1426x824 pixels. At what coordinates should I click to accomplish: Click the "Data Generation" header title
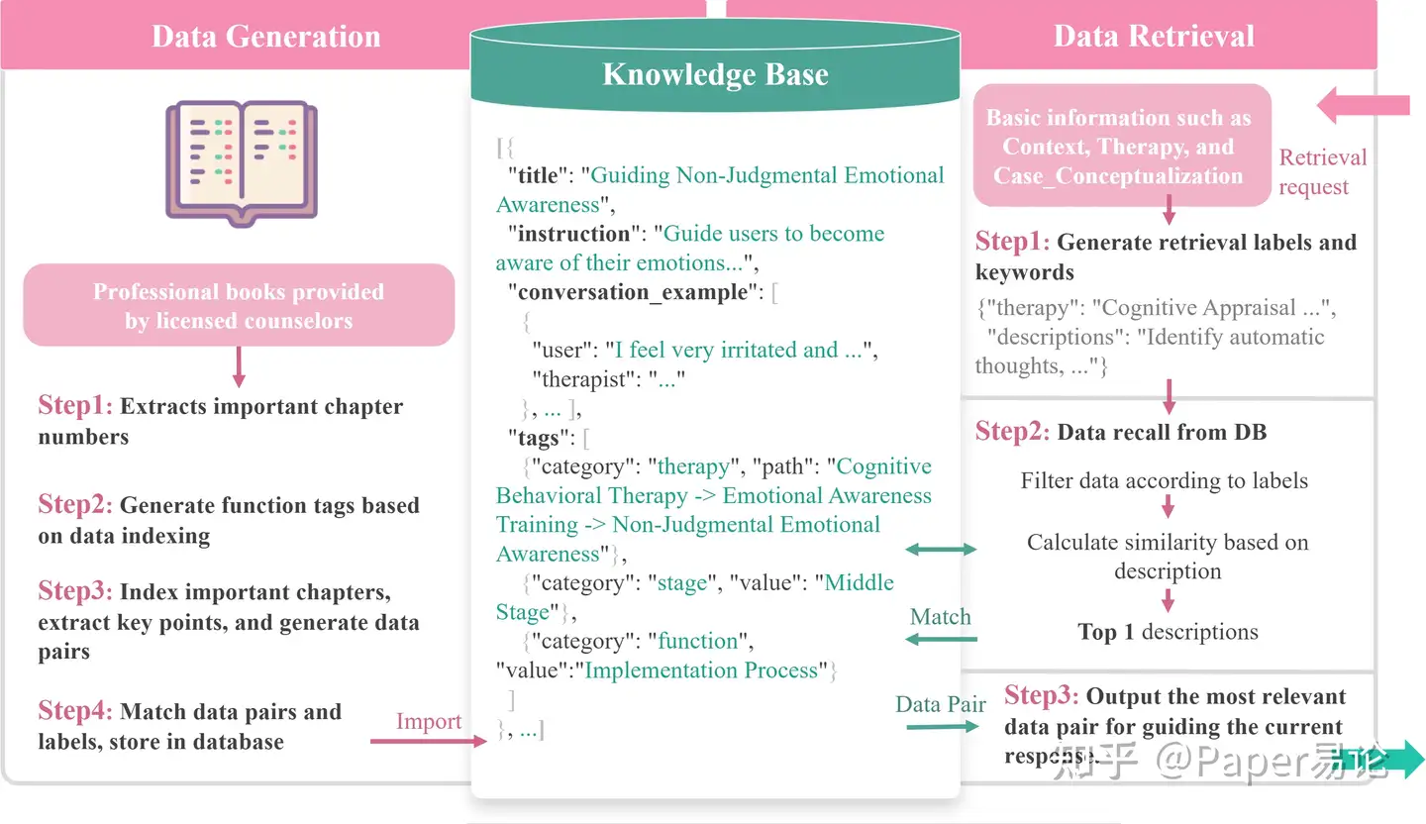click(265, 37)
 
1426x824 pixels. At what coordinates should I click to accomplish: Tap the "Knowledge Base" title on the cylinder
click(715, 74)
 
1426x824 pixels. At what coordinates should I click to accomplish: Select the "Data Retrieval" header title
click(1154, 37)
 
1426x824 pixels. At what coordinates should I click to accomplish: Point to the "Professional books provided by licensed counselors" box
click(239, 305)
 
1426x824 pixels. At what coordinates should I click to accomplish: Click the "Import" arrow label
click(428, 722)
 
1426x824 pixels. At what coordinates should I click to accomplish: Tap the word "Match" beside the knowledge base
click(940, 617)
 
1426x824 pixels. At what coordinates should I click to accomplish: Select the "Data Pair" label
click(941, 704)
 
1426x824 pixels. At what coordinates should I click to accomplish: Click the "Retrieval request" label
click(1322, 171)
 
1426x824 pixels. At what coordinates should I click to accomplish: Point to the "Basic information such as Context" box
click(1119, 147)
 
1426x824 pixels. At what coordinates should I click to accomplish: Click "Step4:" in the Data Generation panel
click(75, 711)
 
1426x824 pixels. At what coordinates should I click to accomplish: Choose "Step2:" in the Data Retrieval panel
click(1012, 431)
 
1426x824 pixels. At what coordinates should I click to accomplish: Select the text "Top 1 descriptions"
click(1168, 632)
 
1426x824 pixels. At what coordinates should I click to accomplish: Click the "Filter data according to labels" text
click(1165, 481)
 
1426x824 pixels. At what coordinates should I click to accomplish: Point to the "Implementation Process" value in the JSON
click(703, 669)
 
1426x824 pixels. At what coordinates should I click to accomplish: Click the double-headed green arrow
click(941, 550)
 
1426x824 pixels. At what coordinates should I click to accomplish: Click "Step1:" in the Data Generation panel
click(75, 406)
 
